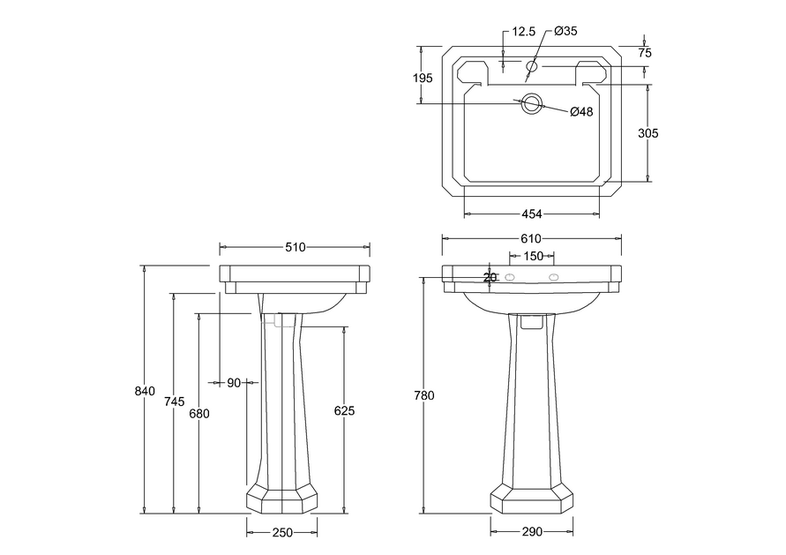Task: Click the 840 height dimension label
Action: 145,391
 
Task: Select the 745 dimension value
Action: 175,401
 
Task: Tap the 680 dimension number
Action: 199,414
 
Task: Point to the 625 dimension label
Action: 344,411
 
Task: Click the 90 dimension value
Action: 234,383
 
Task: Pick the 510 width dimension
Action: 296,247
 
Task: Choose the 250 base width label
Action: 282,532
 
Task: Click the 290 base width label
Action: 532,531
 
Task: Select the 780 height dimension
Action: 424,395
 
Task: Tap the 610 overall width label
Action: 531,238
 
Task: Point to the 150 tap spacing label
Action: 533,256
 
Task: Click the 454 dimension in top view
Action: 532,214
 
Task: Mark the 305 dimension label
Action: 648,133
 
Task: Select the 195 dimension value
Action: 423,79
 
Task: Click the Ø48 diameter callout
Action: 581,111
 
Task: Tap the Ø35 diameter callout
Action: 566,31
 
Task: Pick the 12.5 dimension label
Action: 524,32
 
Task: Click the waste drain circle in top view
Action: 531,104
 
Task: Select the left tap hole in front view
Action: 510,277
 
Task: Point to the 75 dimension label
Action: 645,53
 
